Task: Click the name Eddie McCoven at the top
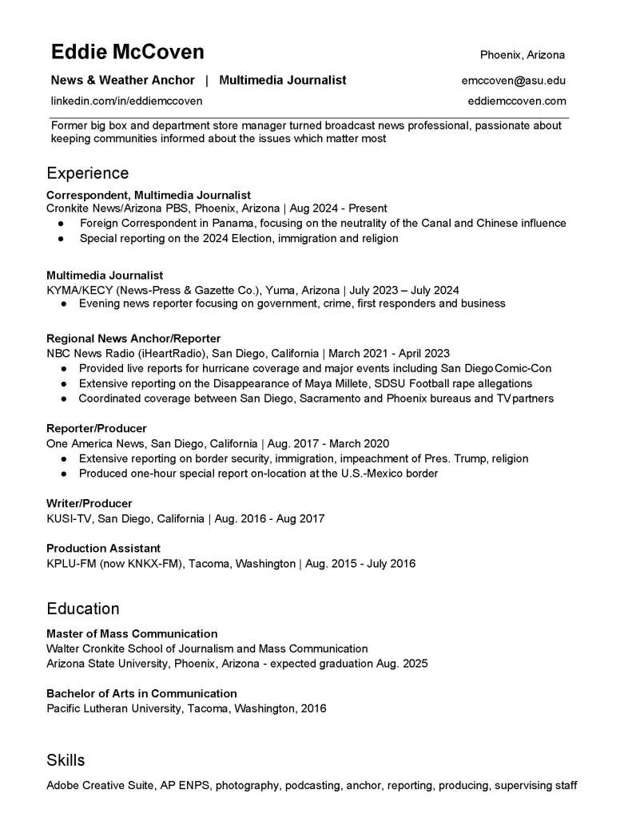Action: (128, 53)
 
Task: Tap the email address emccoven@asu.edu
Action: (513, 80)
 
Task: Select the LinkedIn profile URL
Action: (126, 101)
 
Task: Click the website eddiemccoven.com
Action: (517, 101)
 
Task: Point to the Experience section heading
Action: (87, 173)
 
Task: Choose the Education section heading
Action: (83, 609)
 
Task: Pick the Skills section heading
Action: (66, 759)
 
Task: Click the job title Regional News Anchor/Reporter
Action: (133, 339)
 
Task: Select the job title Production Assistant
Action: (103, 549)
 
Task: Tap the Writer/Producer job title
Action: (89, 504)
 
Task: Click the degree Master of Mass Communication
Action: (132, 634)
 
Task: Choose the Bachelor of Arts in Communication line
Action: (141, 693)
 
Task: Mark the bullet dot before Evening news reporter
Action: (63, 304)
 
